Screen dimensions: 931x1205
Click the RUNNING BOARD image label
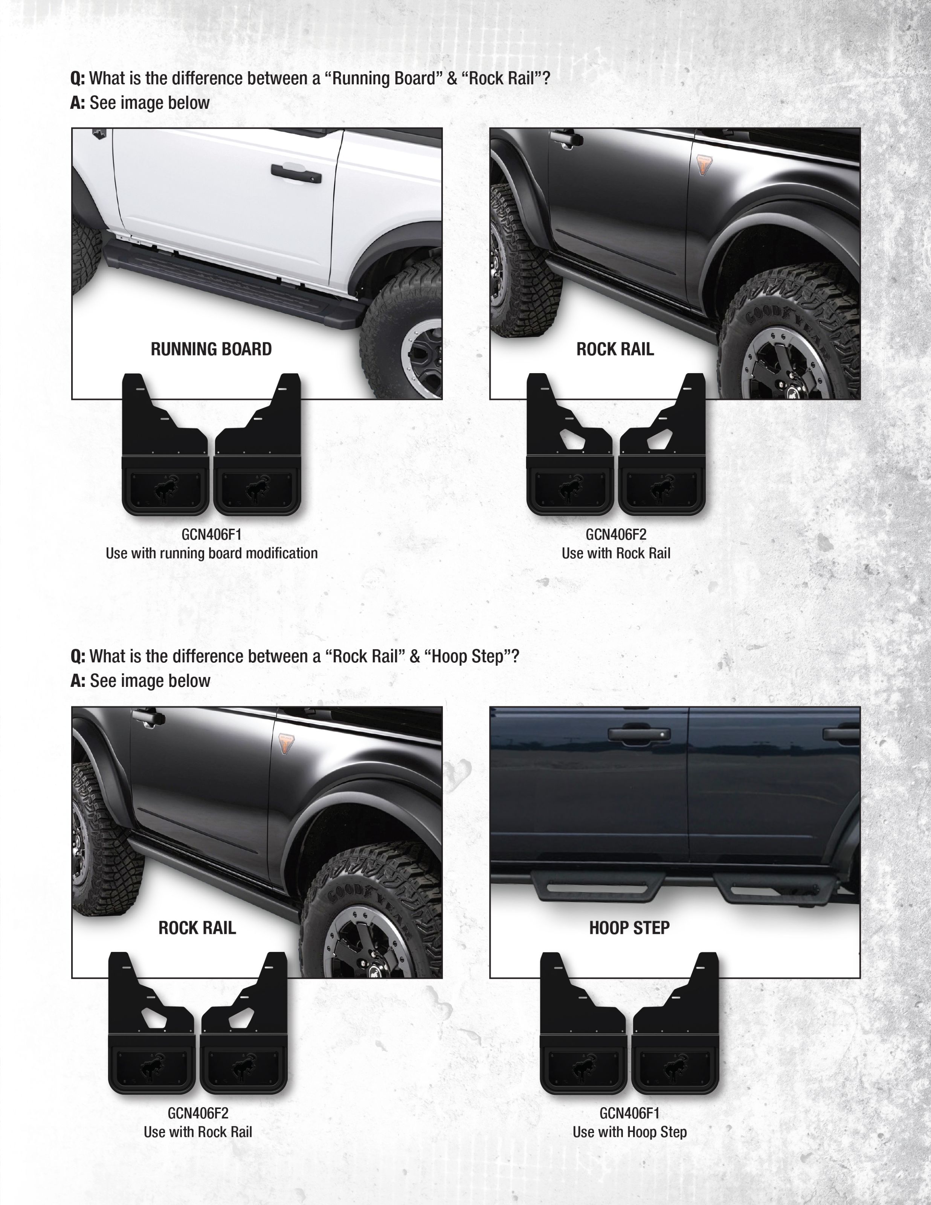pos(211,349)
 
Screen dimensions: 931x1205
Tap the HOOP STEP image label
pos(629,927)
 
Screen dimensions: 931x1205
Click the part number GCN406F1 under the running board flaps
pos(211,535)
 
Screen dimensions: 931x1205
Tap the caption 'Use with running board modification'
pos(211,554)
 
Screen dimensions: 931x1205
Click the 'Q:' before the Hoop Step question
pos(78,657)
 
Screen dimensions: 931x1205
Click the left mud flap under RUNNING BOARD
pos(165,445)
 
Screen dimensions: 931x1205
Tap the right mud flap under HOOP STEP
pos(676,1023)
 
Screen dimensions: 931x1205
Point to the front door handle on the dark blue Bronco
pos(639,734)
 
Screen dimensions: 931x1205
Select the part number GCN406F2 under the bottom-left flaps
pos(198,1113)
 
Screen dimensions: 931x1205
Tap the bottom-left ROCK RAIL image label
pos(197,927)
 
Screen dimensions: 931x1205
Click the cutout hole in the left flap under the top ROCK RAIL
pos(573,437)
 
